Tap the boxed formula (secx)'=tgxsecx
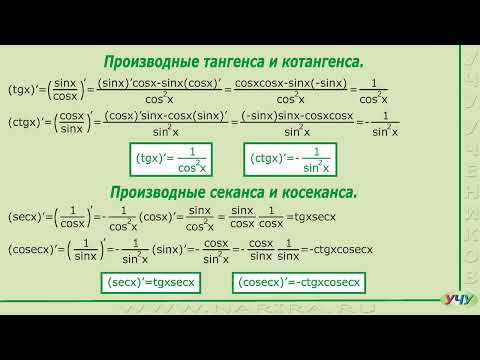[x=157, y=284]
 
